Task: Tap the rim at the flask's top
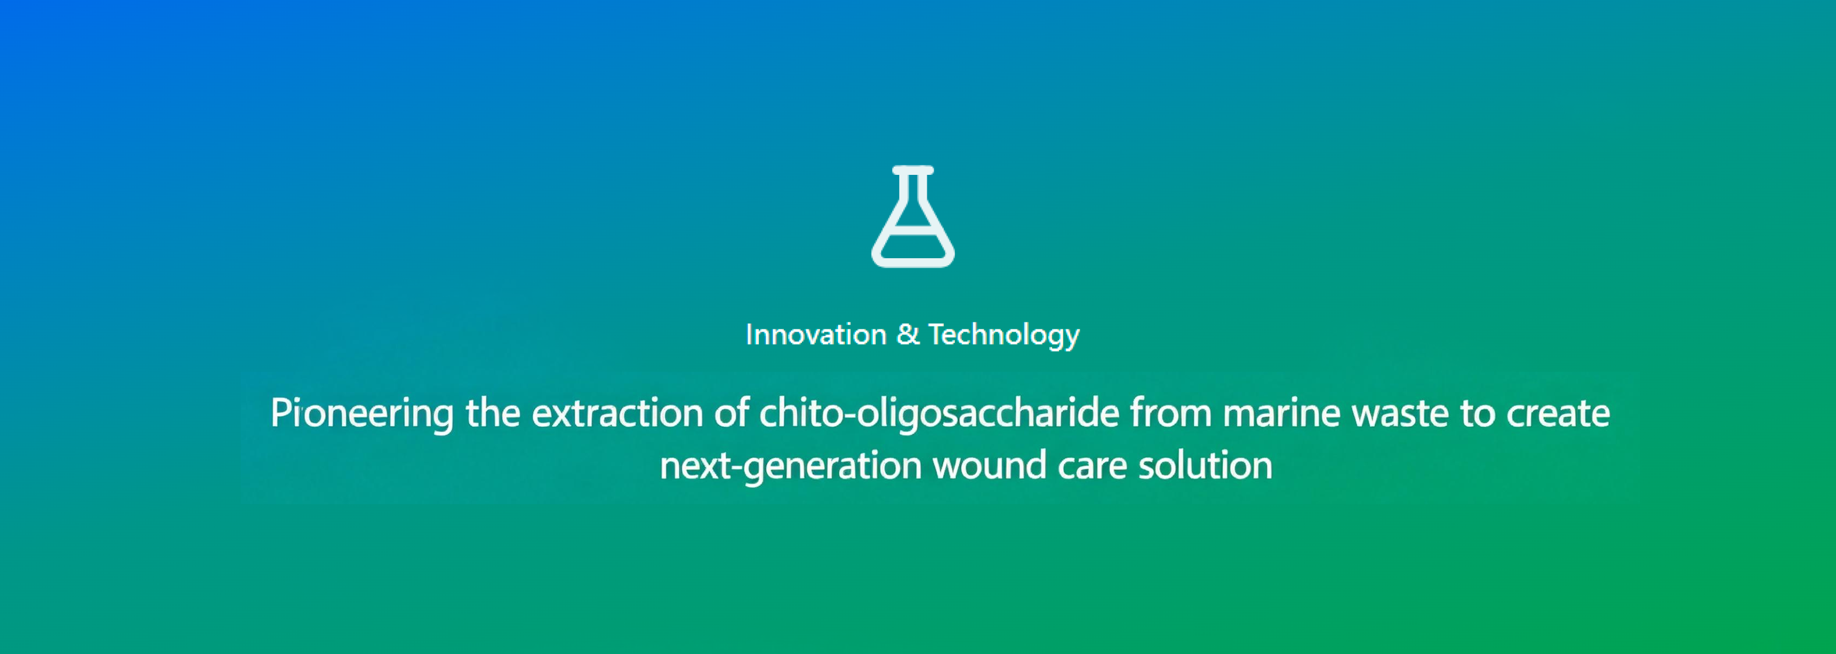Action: pyautogui.click(x=913, y=170)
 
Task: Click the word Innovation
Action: pyautogui.click(x=816, y=335)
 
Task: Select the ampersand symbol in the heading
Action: pyautogui.click(x=908, y=334)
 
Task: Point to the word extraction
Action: pyautogui.click(x=618, y=413)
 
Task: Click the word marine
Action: pyautogui.click(x=1281, y=413)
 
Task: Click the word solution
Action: pyautogui.click(x=1205, y=465)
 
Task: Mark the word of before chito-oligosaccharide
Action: pyautogui.click(x=731, y=413)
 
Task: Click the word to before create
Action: pyautogui.click(x=1477, y=414)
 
